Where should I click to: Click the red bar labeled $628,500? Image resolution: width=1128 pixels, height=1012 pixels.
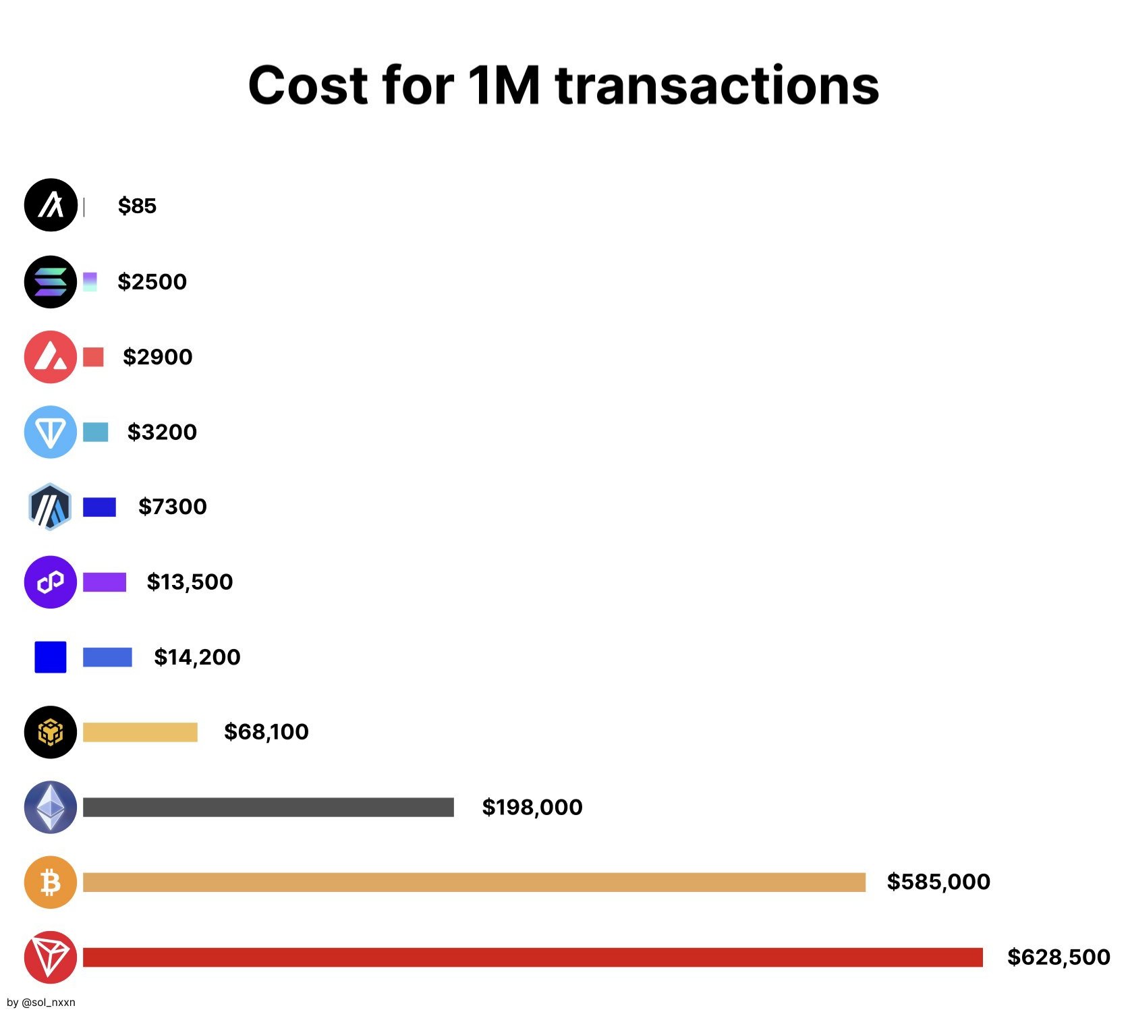(x=532, y=957)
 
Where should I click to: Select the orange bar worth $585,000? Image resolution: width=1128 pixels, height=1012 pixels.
(x=474, y=882)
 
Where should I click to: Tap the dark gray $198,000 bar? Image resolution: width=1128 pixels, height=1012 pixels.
(x=268, y=808)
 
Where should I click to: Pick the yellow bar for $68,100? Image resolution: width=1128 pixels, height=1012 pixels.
(x=140, y=732)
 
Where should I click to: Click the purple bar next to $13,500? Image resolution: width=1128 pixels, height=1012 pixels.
(x=105, y=582)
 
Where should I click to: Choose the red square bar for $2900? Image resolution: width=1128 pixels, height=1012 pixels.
(x=93, y=357)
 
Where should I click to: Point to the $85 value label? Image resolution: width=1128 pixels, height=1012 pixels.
(x=137, y=206)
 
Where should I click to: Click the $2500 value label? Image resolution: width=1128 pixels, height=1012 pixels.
(x=152, y=281)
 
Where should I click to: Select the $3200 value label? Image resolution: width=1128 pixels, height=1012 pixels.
(x=162, y=432)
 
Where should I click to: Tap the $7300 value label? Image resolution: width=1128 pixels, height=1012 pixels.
(x=172, y=507)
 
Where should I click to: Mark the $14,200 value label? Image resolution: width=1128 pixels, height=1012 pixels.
(x=197, y=657)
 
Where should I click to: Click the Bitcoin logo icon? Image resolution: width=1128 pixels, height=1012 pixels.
(x=51, y=882)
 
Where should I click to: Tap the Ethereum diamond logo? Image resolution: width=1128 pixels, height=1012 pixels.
(x=51, y=807)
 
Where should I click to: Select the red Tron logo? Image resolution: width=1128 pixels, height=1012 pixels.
(x=51, y=957)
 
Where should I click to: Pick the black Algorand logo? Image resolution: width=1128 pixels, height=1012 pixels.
(x=51, y=205)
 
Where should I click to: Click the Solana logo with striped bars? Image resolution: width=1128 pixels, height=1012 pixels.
(x=51, y=282)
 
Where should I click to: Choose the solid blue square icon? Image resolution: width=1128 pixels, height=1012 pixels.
(x=51, y=657)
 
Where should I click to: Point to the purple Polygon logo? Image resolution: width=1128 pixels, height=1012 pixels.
(x=51, y=582)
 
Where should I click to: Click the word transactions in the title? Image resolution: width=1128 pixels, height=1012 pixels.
(x=717, y=86)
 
